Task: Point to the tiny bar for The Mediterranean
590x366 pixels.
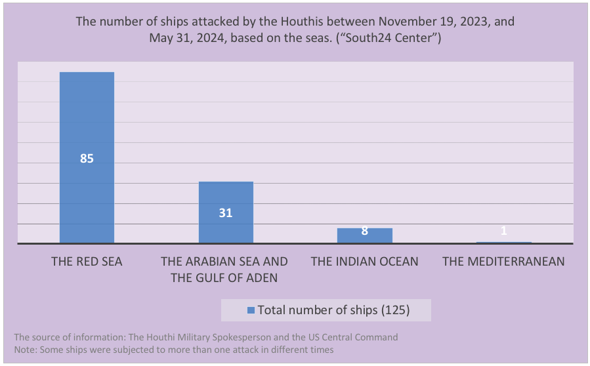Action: tap(503, 243)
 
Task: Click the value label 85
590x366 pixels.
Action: tap(87, 158)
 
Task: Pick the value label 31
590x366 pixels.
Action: tap(226, 213)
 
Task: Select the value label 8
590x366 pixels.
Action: tap(364, 231)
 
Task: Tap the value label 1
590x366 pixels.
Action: tap(503, 231)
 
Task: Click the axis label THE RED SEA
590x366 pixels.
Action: tap(87, 261)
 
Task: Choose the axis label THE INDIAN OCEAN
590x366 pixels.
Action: tap(364, 261)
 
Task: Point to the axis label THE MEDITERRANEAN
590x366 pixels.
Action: tap(503, 261)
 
